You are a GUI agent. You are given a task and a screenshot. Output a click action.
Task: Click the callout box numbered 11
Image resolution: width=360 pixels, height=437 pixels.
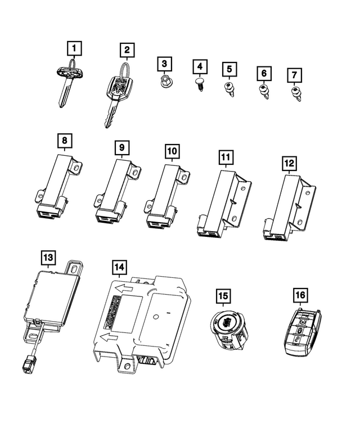tap(226, 157)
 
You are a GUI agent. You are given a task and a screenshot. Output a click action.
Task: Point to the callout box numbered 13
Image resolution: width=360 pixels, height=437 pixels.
tap(48, 258)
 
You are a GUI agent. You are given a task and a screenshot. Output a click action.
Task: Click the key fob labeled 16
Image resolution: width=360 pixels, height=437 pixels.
tap(302, 334)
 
